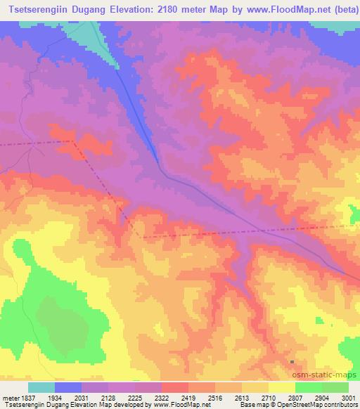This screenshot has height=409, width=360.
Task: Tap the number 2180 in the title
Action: tap(181, 10)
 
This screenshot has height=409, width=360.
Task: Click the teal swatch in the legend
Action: tap(41, 388)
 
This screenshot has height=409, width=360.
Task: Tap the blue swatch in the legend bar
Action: tap(69, 388)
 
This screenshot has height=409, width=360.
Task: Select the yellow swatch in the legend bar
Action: tap(281, 388)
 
